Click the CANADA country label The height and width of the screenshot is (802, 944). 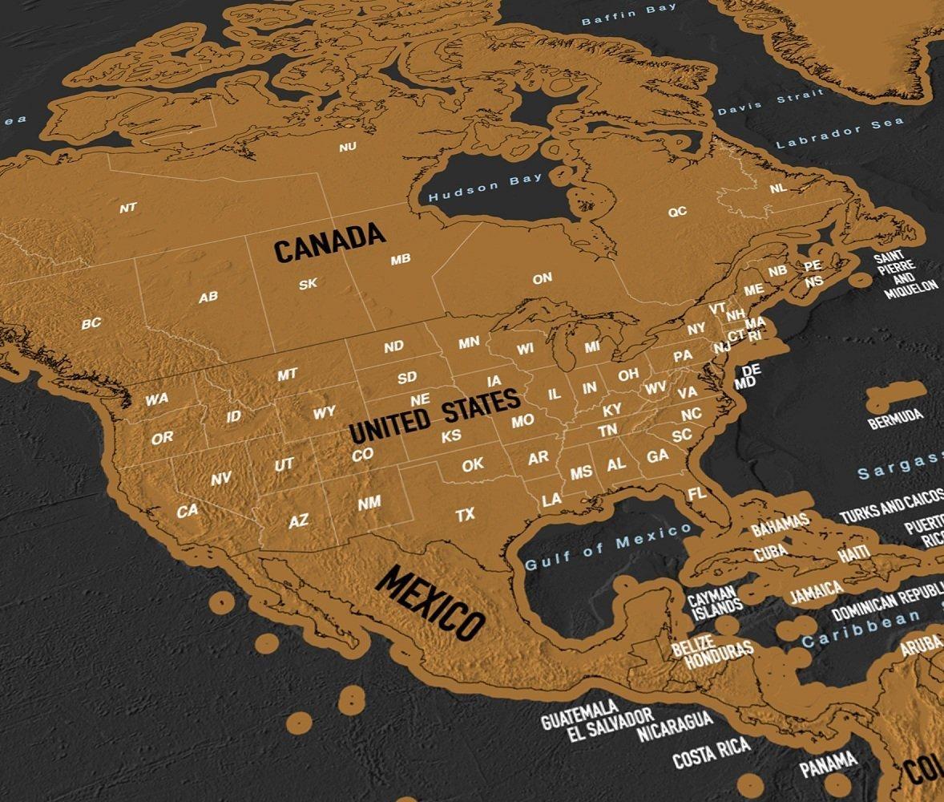coord(329,242)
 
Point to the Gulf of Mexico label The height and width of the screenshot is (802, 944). coord(608,546)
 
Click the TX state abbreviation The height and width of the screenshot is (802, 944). coord(466,515)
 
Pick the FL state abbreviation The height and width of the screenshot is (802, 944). coord(697,493)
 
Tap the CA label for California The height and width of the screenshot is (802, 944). coord(188,510)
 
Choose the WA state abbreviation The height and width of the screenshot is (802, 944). coord(157,399)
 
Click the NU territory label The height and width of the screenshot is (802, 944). coord(348,147)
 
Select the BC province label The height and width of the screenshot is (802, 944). coord(91,324)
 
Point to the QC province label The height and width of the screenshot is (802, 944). coord(677,212)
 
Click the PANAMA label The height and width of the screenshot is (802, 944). coord(829,764)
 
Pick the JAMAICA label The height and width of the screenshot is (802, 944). coord(817,592)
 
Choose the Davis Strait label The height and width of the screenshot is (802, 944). coord(769,103)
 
